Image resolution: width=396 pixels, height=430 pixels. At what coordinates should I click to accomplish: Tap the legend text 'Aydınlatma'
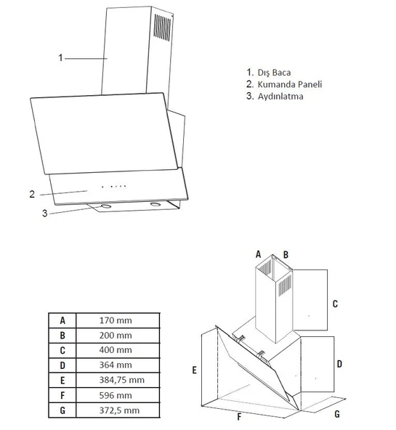(280, 96)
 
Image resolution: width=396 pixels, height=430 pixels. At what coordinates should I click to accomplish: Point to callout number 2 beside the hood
(32, 194)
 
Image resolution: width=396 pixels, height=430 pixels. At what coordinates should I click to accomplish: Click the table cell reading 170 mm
(118, 320)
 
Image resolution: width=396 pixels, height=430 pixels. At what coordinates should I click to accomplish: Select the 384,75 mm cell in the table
(118, 380)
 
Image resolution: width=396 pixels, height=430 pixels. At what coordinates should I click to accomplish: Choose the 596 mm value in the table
(118, 395)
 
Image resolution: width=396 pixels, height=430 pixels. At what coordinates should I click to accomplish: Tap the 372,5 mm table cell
(118, 410)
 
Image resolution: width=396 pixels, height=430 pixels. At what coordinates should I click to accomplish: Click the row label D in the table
(62, 365)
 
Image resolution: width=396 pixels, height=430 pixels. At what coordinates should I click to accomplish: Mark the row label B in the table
(62, 335)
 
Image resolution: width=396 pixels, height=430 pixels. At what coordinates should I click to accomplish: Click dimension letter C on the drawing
(335, 304)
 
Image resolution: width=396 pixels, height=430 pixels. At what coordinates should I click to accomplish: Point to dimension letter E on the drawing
(195, 370)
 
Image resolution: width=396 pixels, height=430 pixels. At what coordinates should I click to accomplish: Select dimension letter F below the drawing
(239, 418)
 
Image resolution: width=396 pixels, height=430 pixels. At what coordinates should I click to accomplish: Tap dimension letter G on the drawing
(336, 414)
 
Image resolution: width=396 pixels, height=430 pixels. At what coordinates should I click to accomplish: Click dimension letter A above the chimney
(258, 254)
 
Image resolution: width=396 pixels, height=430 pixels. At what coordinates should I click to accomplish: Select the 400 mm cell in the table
(118, 350)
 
